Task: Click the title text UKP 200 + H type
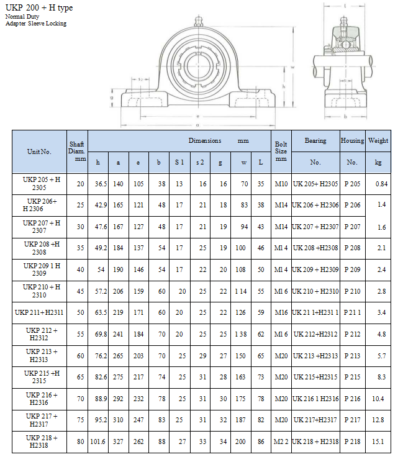point(38,7)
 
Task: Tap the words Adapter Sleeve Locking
point(35,24)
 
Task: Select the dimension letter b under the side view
point(345,116)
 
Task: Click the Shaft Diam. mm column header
point(76,152)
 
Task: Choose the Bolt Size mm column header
point(281,152)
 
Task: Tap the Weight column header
point(378,141)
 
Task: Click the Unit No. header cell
point(39,152)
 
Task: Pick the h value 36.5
point(101,184)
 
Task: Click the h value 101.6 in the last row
point(99,442)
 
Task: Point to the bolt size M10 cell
point(281,184)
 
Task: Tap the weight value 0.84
point(381,184)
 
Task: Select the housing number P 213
point(352,356)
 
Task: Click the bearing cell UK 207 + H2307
point(315,227)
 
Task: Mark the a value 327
point(118,442)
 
